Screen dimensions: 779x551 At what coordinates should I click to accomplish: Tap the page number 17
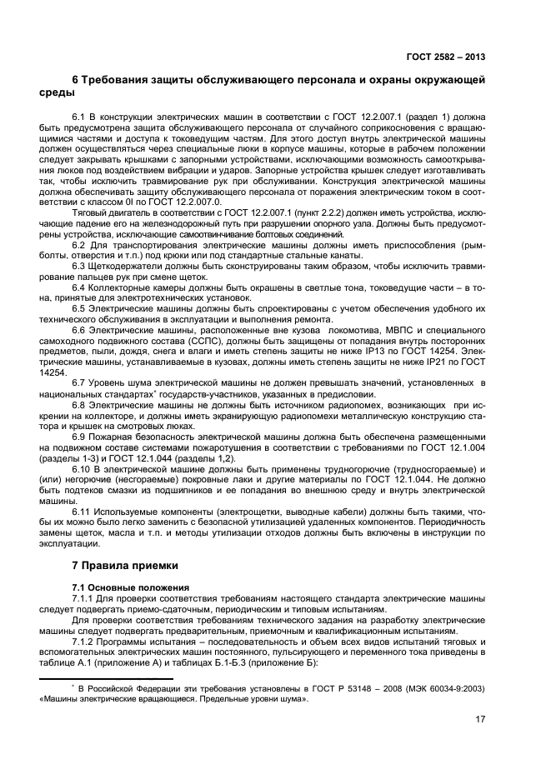pyautogui.click(x=480, y=718)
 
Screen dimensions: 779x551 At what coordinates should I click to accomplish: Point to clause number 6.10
pyautogui.click(x=83, y=470)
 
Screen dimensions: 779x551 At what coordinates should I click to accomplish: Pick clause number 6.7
pyautogui.click(x=80, y=384)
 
